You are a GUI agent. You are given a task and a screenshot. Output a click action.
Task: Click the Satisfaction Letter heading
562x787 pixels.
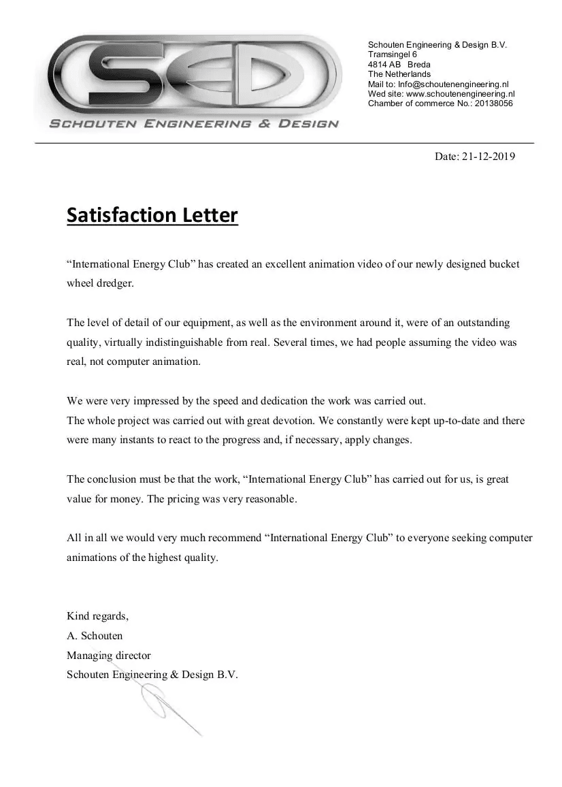coord(152,215)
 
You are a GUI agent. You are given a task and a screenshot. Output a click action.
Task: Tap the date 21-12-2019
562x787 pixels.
coord(488,157)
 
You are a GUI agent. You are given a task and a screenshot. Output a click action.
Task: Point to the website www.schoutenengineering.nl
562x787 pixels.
coord(460,94)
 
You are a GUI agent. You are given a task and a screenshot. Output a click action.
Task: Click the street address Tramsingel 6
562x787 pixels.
coord(393,54)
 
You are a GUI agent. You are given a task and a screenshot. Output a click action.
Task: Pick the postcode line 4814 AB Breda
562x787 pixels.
coord(399,65)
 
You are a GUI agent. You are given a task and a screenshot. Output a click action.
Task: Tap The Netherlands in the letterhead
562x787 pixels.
coord(399,74)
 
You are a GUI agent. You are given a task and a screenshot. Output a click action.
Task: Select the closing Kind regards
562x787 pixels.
coord(97,616)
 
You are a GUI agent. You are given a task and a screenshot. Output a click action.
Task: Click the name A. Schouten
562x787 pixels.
coord(95,636)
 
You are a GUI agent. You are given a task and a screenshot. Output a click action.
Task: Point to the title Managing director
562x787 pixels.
coord(109,656)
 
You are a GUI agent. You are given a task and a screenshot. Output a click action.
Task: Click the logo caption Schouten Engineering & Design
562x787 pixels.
coord(193,124)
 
